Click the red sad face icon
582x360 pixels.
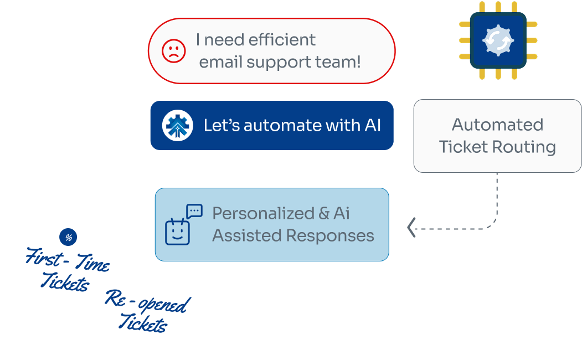click(x=173, y=51)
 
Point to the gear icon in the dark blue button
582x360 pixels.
click(x=178, y=125)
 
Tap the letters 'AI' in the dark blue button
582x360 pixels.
click(x=372, y=125)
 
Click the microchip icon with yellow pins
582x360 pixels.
click(x=498, y=40)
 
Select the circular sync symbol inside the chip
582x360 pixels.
click(x=498, y=40)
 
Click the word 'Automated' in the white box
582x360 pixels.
click(x=497, y=125)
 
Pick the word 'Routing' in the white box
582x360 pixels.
click(x=527, y=147)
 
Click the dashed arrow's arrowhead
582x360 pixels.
click(x=411, y=227)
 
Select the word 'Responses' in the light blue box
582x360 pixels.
click(x=331, y=235)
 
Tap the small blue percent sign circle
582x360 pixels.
click(x=68, y=238)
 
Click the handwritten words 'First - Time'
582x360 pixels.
click(x=68, y=260)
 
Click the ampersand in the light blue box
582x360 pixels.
click(x=324, y=213)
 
